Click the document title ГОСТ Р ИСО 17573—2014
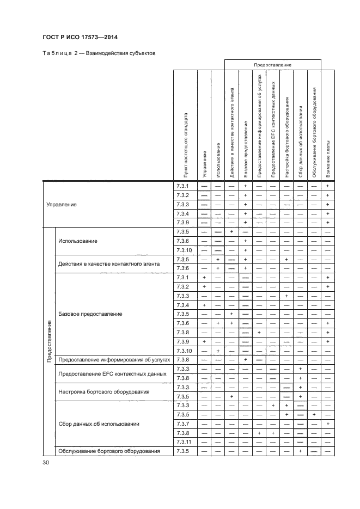(80, 37)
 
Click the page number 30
(46, 463)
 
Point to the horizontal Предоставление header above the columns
(272, 65)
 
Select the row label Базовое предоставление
(90, 314)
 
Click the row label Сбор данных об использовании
(99, 424)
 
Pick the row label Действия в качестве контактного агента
(109, 264)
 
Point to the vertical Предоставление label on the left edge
(49, 341)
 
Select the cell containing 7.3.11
(184, 442)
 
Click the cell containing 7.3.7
(182, 424)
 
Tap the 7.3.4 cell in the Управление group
(182, 213)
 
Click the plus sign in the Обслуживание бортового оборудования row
(300, 451)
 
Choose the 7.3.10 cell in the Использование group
(184, 250)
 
